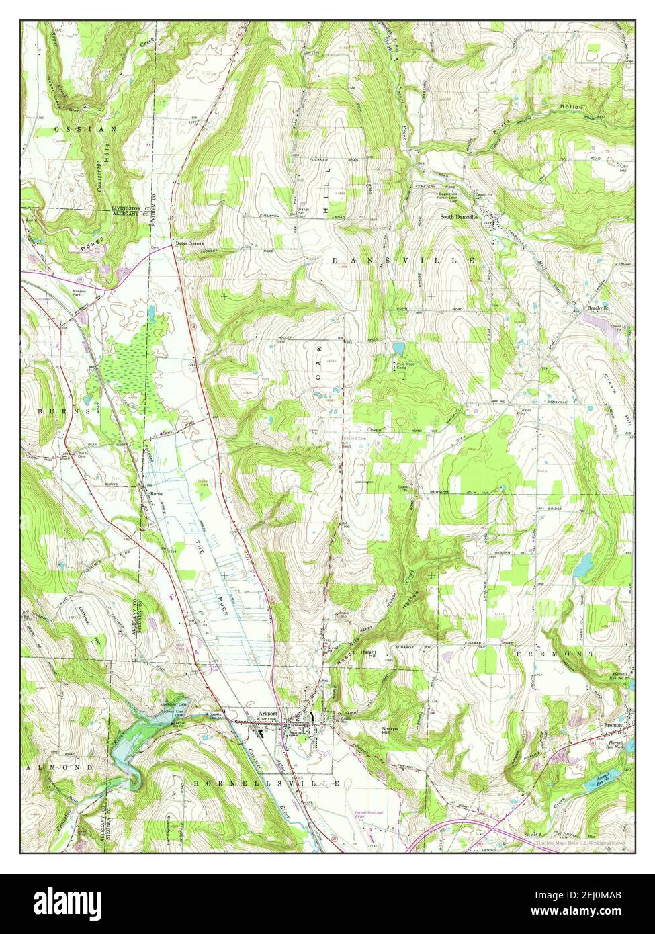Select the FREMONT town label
554,653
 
